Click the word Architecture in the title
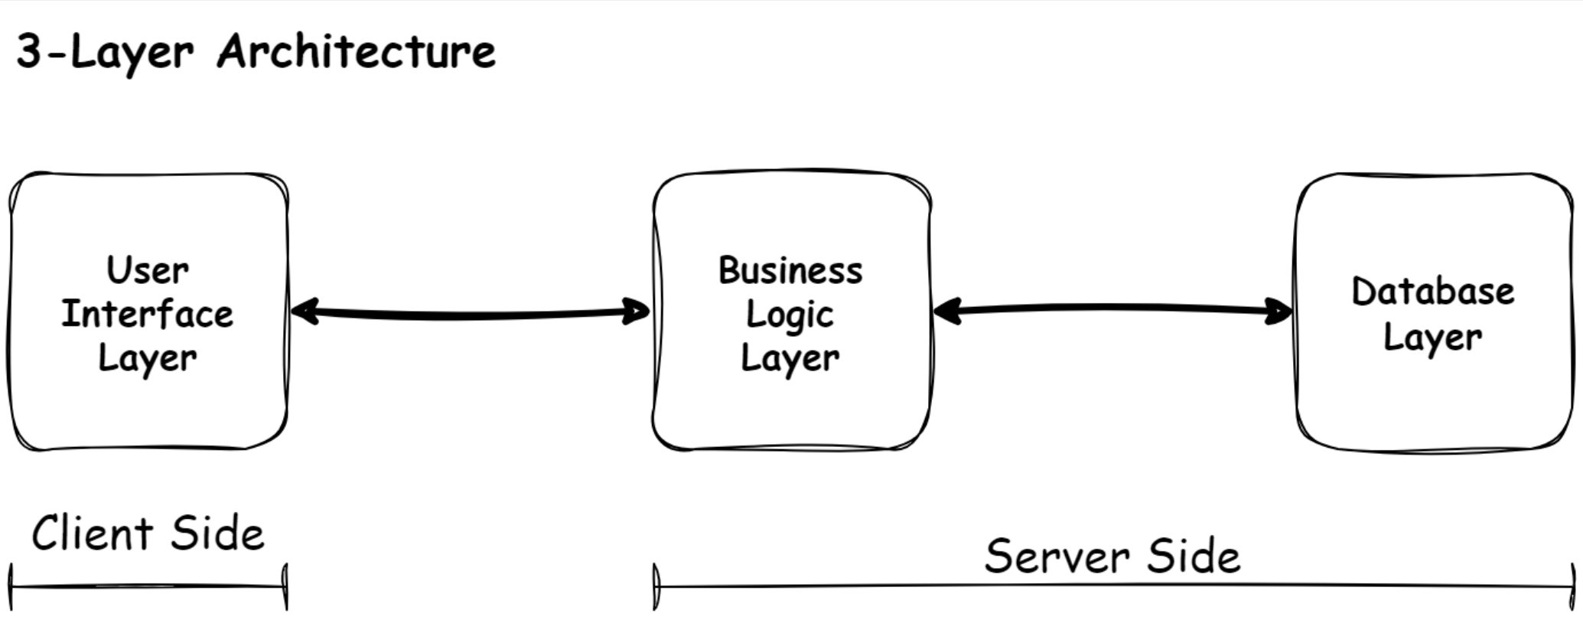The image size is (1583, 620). (357, 52)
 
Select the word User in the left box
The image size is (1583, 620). (148, 270)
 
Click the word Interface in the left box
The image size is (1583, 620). (148, 314)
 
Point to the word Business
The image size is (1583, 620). (790, 270)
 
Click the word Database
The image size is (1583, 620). (1432, 292)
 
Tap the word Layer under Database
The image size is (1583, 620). (1432, 338)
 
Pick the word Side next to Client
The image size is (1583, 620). (217, 534)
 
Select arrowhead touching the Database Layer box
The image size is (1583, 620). (1282, 312)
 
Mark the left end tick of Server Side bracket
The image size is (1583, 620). (656, 587)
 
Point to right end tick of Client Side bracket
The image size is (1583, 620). (285, 587)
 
